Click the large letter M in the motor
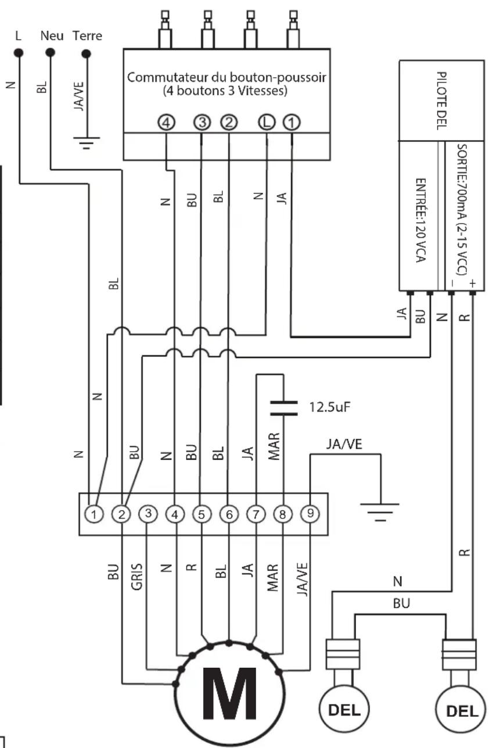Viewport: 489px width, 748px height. click(229, 694)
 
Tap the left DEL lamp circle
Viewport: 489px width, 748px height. click(344, 708)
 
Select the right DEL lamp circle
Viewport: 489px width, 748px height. click(462, 710)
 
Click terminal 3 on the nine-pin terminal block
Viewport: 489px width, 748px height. click(148, 514)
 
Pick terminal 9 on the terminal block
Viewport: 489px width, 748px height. click(310, 514)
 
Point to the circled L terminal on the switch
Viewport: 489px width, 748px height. click(267, 122)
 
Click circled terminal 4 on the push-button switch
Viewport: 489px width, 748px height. click(166, 123)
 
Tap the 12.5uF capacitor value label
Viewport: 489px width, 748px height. click(329, 407)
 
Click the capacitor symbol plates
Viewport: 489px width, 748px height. click(284, 409)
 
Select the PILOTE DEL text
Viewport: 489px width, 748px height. click(441, 101)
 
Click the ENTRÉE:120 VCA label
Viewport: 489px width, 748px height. click(420, 220)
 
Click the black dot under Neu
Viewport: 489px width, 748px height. click(50, 52)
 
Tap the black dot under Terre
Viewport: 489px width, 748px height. click(86, 53)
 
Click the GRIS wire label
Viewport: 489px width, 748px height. click(137, 577)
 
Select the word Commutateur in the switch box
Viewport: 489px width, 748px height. click(167, 77)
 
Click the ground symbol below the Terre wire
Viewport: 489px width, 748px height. click(86, 142)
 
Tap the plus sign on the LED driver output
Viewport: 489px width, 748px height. click(472, 284)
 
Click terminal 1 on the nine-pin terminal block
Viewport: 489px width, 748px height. click(94, 514)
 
